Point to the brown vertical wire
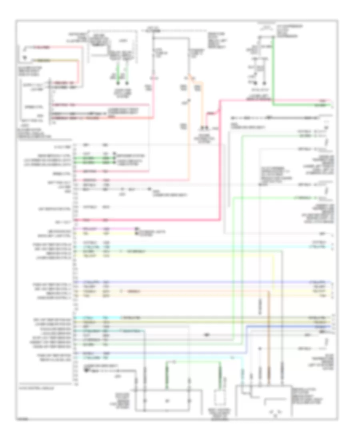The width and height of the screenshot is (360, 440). [x=269, y=340]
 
